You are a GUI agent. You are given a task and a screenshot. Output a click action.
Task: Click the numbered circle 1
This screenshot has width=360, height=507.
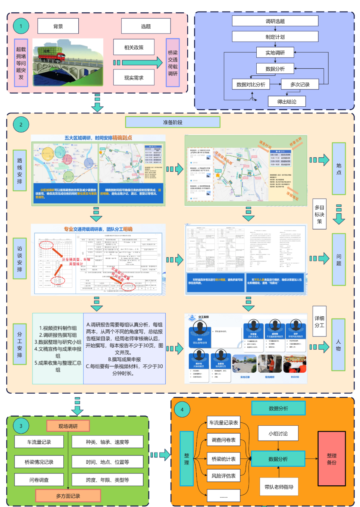tap(21, 26)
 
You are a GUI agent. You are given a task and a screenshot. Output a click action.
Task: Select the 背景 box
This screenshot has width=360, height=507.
tap(58, 26)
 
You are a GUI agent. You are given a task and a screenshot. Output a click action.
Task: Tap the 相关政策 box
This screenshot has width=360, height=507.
tap(134, 47)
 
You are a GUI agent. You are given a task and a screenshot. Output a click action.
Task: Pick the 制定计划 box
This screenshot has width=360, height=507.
tap(275, 37)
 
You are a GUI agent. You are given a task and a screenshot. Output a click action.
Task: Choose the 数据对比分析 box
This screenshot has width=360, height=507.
tap(251, 84)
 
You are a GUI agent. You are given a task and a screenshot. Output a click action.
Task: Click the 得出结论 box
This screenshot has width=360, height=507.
tap(287, 101)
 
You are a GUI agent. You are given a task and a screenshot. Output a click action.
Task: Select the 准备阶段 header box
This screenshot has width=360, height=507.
tap(172, 122)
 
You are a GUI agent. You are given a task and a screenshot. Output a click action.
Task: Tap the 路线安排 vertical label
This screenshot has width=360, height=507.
tap(19, 170)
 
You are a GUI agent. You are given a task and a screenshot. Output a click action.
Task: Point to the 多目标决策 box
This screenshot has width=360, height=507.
tap(319, 214)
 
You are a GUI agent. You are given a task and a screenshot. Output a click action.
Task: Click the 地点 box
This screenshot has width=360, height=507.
tap(338, 169)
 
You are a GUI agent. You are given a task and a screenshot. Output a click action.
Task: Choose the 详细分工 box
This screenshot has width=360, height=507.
tap(319, 321)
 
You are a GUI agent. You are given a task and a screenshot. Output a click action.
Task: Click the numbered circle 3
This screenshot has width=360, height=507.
tap(21, 426)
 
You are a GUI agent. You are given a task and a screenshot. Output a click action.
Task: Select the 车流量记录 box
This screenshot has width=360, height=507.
tap(39, 442)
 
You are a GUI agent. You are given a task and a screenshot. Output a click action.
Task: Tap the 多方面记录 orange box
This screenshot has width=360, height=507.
tap(68, 496)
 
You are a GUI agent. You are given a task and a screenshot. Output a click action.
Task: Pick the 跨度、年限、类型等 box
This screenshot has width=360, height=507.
tap(107, 480)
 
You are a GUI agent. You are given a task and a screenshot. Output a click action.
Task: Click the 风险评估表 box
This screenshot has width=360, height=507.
tap(223, 476)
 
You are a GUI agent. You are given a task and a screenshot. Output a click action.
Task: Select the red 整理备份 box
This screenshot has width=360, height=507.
tap(331, 459)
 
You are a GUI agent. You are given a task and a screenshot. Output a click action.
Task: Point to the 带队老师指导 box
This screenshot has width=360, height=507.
tap(279, 487)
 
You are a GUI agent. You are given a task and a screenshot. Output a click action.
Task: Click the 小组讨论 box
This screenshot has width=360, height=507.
tap(278, 434)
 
